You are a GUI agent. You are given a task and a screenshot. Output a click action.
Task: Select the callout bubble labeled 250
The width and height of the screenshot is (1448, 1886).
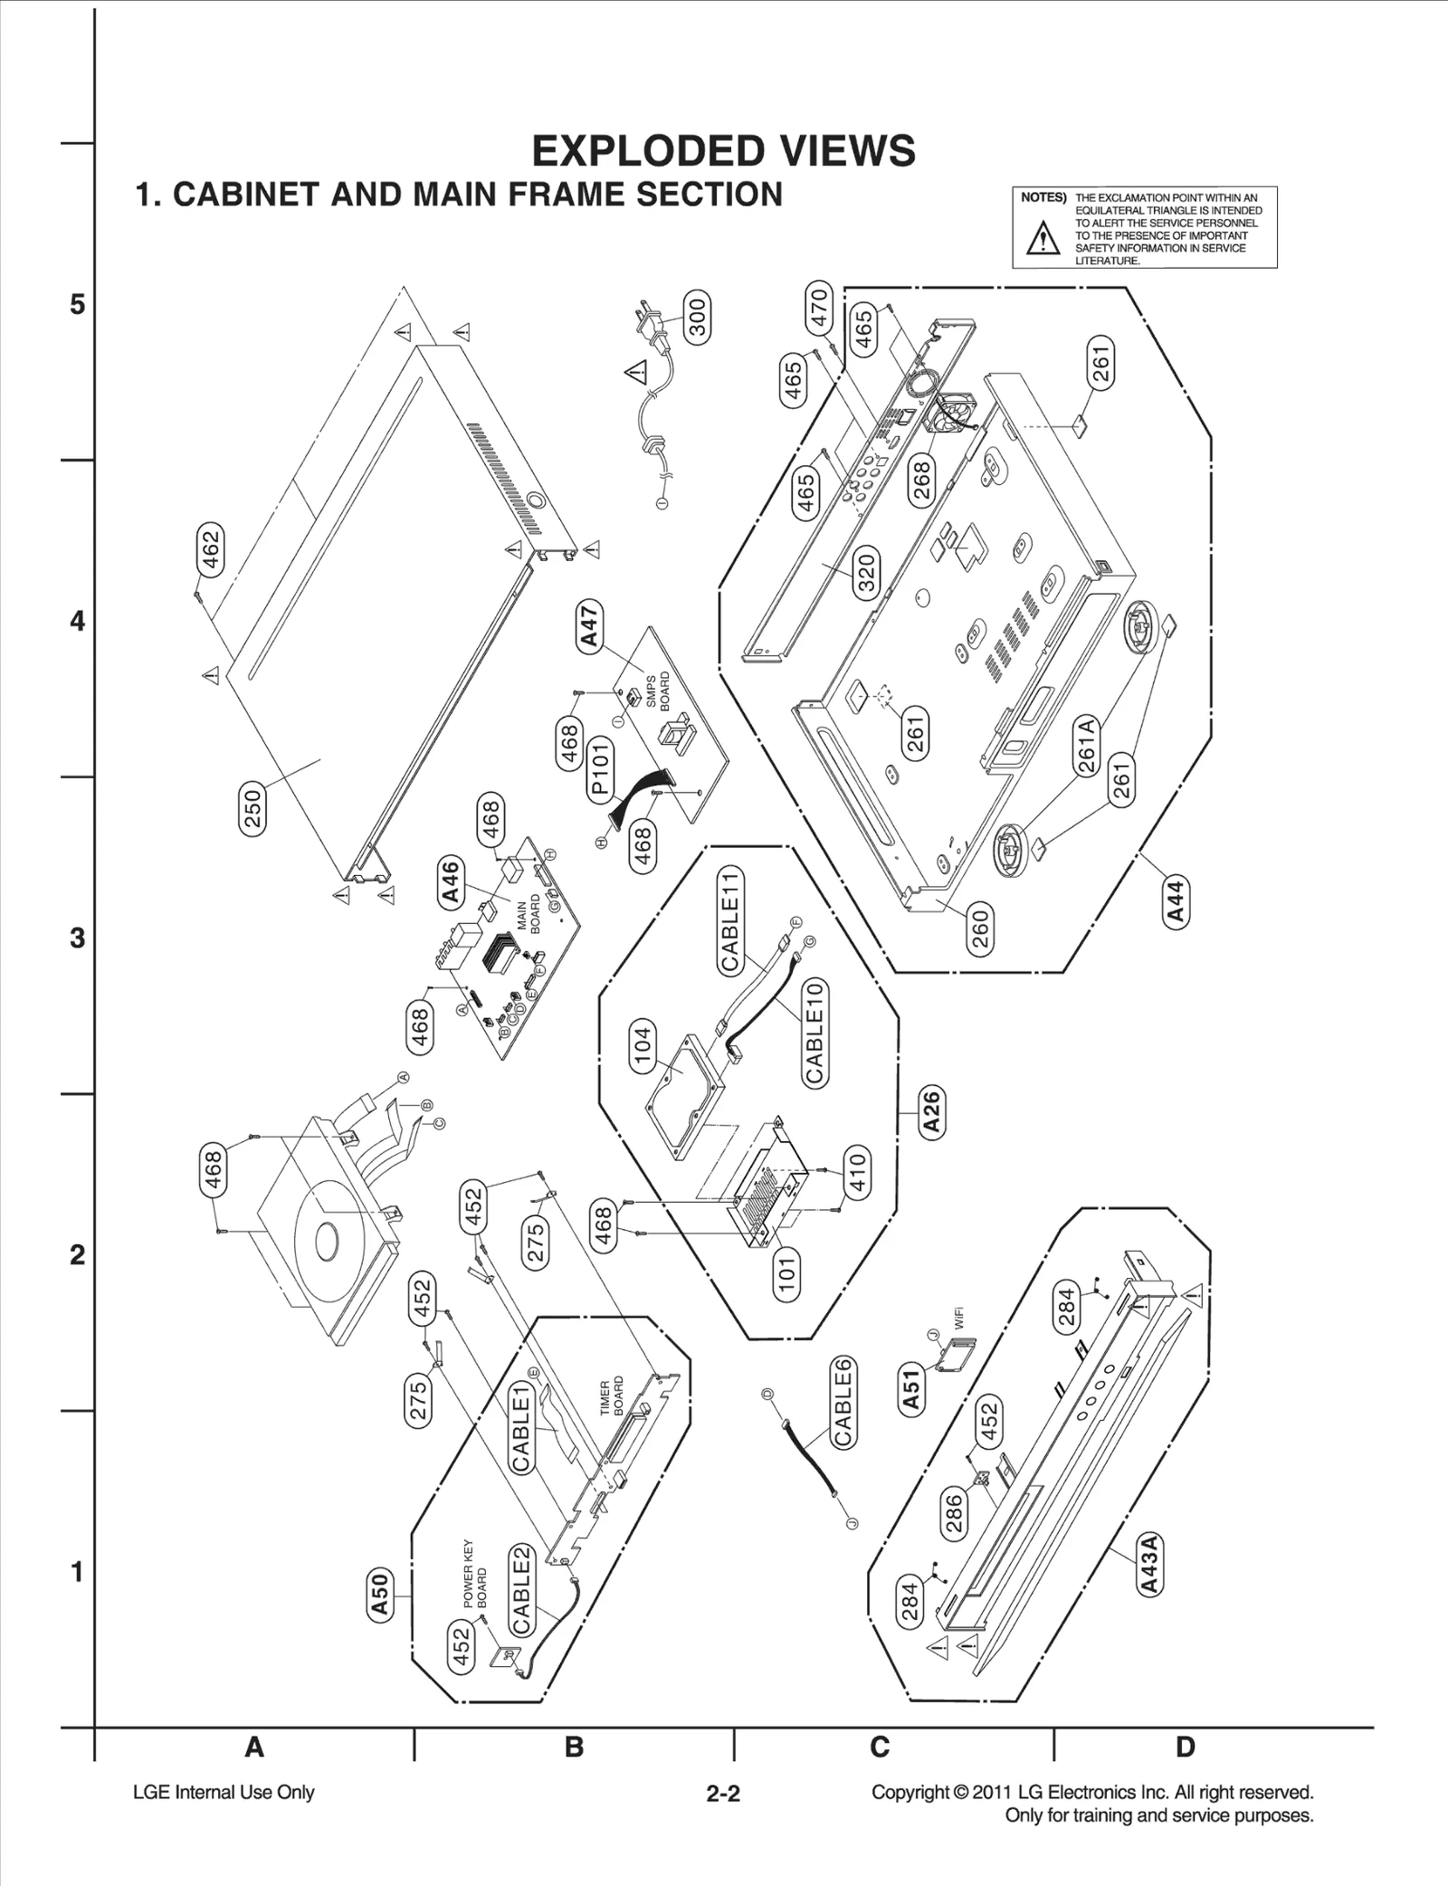(x=252, y=808)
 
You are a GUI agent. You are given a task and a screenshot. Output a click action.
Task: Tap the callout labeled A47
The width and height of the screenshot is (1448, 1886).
(x=590, y=629)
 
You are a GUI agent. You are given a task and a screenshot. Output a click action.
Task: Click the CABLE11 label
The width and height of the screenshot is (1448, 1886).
(x=731, y=919)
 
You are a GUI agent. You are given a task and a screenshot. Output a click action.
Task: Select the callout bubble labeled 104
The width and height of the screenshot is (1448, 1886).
(x=641, y=1047)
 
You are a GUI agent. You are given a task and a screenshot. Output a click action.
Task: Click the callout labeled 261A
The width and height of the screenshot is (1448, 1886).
(x=1087, y=744)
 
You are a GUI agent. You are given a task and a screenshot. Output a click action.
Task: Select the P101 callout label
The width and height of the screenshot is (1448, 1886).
(x=600, y=768)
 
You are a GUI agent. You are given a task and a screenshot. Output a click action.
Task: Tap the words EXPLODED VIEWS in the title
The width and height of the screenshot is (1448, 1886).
(x=723, y=151)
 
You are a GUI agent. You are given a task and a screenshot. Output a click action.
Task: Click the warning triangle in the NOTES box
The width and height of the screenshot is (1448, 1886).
(x=1043, y=239)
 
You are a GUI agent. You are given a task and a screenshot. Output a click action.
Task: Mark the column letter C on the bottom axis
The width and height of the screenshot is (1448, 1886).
(x=880, y=1747)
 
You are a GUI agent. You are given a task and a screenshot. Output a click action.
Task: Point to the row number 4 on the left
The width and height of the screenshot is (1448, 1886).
(x=78, y=622)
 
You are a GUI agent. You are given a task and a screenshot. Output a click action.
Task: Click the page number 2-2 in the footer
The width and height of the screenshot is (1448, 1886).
(x=723, y=1793)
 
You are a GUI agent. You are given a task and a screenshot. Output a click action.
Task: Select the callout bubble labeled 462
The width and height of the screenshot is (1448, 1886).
(x=210, y=551)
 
